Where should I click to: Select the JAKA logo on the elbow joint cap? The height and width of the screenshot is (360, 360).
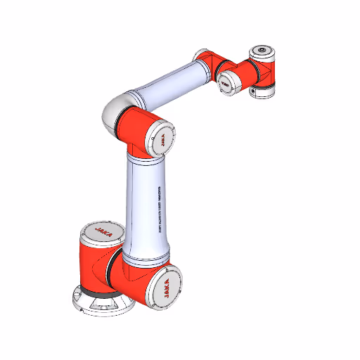(x=161, y=138)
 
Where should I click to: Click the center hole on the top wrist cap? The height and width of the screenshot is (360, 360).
(x=262, y=51)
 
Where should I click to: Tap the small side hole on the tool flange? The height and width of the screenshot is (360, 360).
(x=252, y=91)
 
